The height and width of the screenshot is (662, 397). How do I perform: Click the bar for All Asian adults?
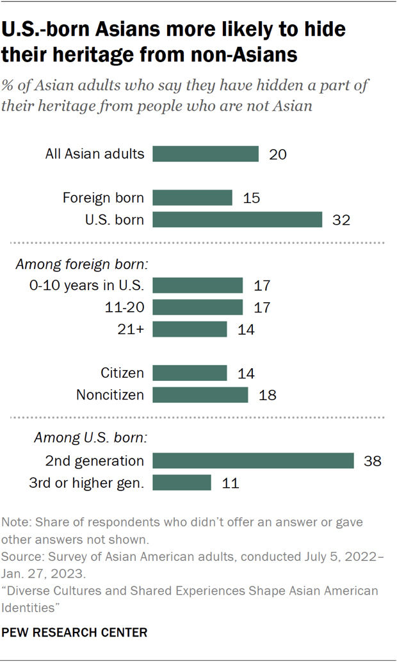pyautogui.click(x=205, y=154)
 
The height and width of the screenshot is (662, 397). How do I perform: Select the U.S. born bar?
pyautogui.click(x=237, y=220)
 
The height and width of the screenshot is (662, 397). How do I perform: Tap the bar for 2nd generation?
pyautogui.click(x=253, y=460)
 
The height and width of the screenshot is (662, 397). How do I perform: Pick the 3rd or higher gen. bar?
pyautogui.click(x=182, y=482)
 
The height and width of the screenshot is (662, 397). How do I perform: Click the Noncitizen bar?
pyautogui.click(x=200, y=395)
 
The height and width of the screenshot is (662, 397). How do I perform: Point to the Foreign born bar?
pyautogui.click(x=192, y=198)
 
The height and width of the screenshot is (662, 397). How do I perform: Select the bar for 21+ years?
pyautogui.click(x=190, y=329)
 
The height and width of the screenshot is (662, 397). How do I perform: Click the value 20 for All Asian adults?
pyautogui.click(x=277, y=154)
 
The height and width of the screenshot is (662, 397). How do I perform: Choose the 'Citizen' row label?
pyautogui.click(x=122, y=373)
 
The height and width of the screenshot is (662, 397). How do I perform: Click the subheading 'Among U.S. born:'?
pyautogui.click(x=90, y=439)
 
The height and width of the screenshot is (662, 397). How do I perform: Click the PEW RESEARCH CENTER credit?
pyautogui.click(x=74, y=633)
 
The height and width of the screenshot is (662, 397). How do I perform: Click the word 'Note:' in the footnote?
pyautogui.click(x=17, y=522)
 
